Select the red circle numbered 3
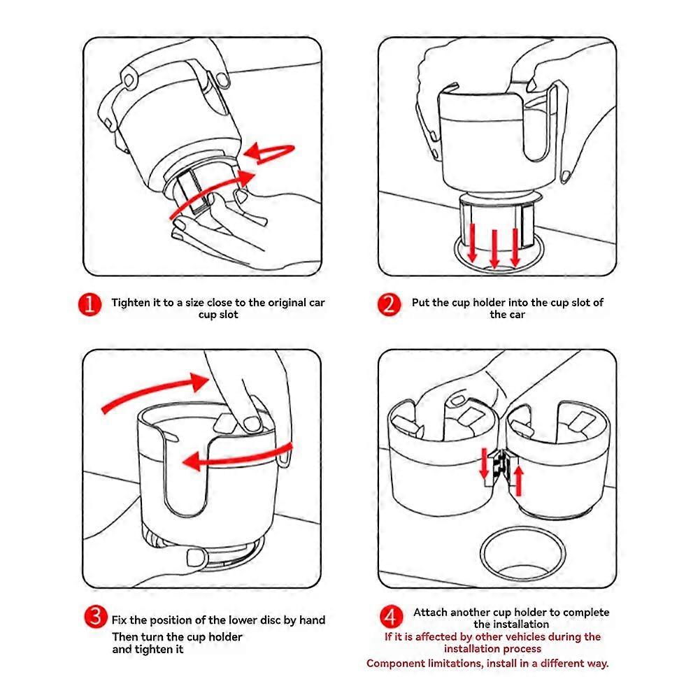(94, 617)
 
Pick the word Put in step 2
(421, 303)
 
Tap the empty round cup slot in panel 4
(522, 552)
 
